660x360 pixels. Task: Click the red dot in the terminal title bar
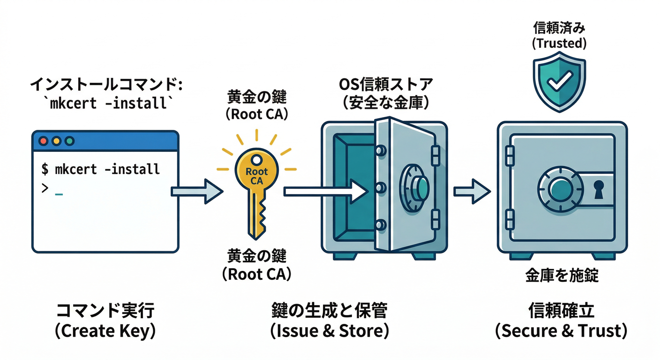click(x=44, y=141)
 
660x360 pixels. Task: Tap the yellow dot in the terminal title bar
click(x=57, y=141)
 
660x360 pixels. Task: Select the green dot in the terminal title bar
click(x=69, y=141)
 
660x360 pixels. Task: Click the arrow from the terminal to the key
click(x=196, y=191)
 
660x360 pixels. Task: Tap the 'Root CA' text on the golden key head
click(x=256, y=176)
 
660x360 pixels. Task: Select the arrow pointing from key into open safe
click(x=326, y=191)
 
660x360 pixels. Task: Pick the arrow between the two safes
click(x=471, y=191)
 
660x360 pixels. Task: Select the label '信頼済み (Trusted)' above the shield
click(x=559, y=36)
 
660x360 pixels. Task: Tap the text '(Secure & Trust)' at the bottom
click(x=561, y=331)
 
